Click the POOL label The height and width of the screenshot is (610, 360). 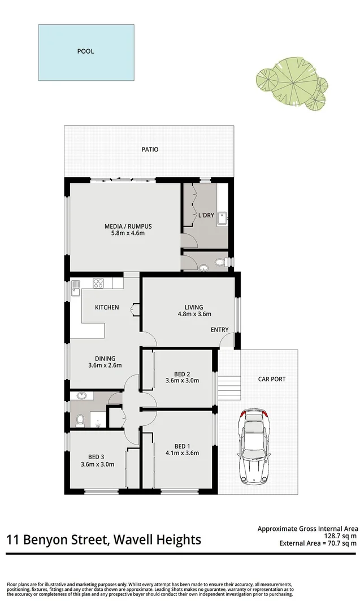tap(86, 51)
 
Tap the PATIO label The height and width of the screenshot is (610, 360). tap(150, 150)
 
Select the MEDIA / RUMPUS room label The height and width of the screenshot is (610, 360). tap(128, 227)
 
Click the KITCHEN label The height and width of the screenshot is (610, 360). tap(106, 307)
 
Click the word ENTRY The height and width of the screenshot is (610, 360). tap(219, 329)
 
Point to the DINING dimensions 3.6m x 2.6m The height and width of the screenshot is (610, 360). tap(106, 365)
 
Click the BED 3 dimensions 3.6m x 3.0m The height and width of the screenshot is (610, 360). tap(98, 465)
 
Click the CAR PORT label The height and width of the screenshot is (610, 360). tap(271, 379)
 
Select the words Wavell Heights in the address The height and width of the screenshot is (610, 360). tap(158, 540)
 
